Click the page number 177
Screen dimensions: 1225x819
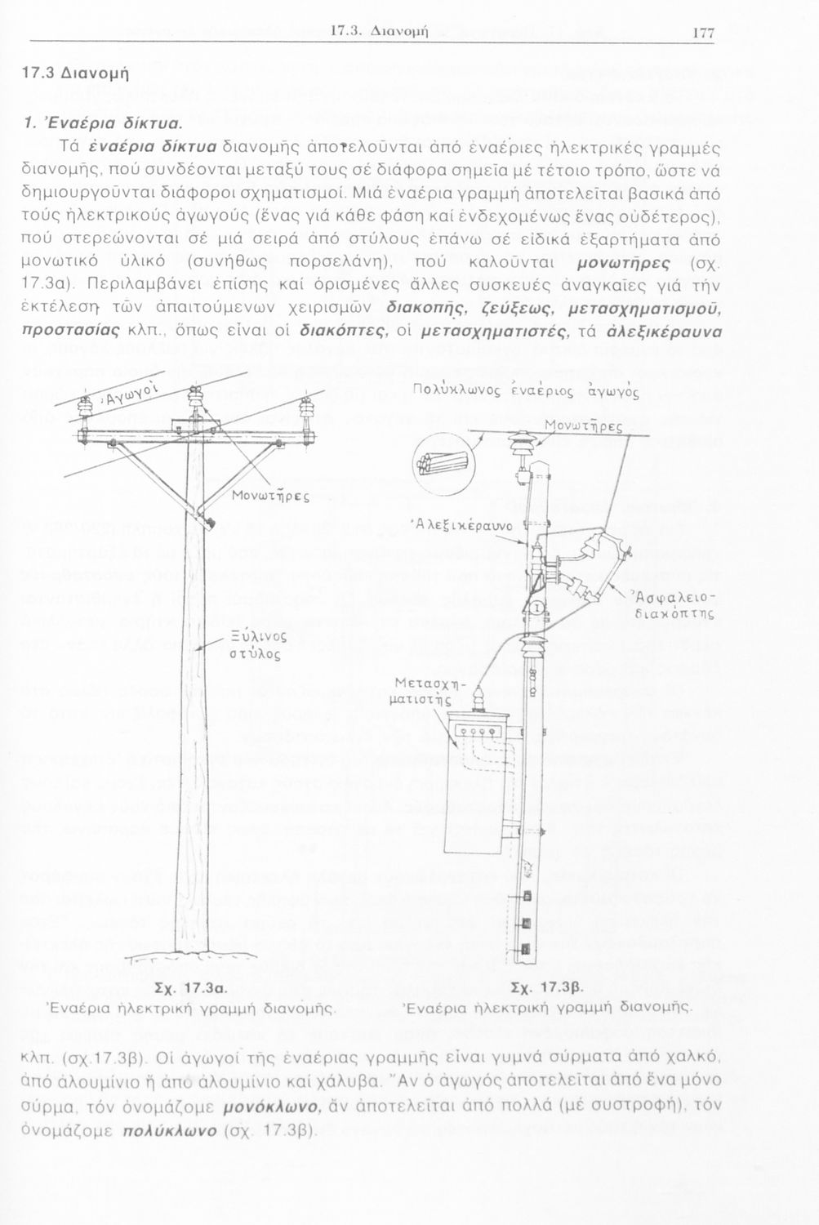click(703, 33)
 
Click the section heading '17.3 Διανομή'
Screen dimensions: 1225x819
click(72, 71)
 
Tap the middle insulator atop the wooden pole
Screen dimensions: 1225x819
click(194, 401)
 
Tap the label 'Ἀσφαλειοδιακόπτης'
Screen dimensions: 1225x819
click(674, 606)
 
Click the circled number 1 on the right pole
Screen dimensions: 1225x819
click(536, 608)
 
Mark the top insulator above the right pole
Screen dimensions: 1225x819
click(517, 446)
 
